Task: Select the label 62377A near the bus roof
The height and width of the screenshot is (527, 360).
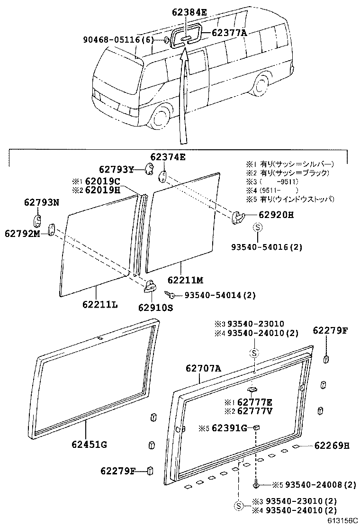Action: pos(229,33)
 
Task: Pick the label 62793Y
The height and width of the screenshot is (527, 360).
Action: pos(117,169)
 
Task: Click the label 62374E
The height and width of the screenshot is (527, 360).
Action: pos(168,157)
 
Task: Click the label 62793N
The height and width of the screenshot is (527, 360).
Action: pos(42,202)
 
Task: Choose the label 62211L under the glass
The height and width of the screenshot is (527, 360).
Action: pos(99,304)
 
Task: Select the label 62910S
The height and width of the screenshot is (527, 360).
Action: pos(156,307)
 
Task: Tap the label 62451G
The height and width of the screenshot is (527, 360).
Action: pos(90,444)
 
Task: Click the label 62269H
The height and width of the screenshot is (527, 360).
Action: pos(332,445)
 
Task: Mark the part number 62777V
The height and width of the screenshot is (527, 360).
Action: pos(255,410)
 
